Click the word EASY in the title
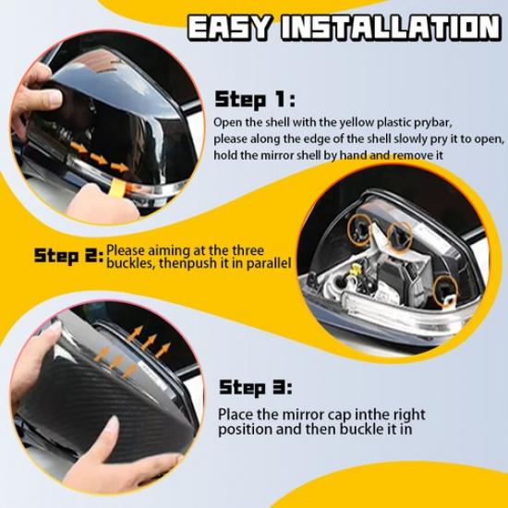[229, 27]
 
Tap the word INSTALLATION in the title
[392, 27]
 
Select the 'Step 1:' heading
[255, 99]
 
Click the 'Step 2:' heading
[68, 256]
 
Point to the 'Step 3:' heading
[256, 388]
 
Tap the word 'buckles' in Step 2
[131, 263]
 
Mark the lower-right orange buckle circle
[446, 292]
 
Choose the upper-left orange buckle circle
[359, 229]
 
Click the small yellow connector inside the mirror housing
[357, 270]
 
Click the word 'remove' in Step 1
[409, 156]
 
